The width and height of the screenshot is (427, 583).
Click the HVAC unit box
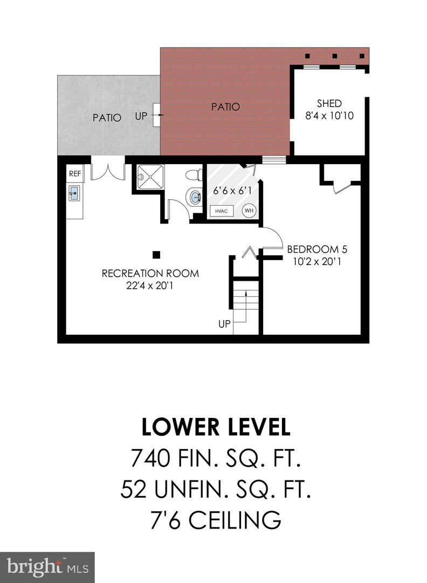[x=222, y=211]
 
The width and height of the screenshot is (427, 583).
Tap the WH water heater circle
[x=249, y=211]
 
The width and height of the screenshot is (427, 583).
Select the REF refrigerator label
[x=75, y=174]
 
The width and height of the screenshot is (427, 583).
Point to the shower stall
[x=150, y=177]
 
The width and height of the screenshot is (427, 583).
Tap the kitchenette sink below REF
[x=73, y=193]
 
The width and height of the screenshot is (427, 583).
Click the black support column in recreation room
[x=157, y=255]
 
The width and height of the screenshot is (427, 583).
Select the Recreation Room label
[x=150, y=273]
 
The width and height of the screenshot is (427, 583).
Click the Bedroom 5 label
[x=317, y=249]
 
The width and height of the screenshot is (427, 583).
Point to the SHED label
[x=329, y=103]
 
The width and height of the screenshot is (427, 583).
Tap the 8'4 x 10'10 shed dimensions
[x=329, y=116]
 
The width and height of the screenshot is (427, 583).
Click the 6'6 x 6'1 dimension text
[x=232, y=191]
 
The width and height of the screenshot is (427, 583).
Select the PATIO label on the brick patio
[x=225, y=107]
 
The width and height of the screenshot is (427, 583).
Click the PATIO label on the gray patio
[x=107, y=118]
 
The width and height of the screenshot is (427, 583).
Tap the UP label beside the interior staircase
[x=224, y=324]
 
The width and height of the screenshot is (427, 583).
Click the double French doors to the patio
[x=108, y=172]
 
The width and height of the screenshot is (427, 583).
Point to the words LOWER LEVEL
[x=216, y=427]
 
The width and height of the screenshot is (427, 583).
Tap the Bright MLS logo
[x=47, y=567]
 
